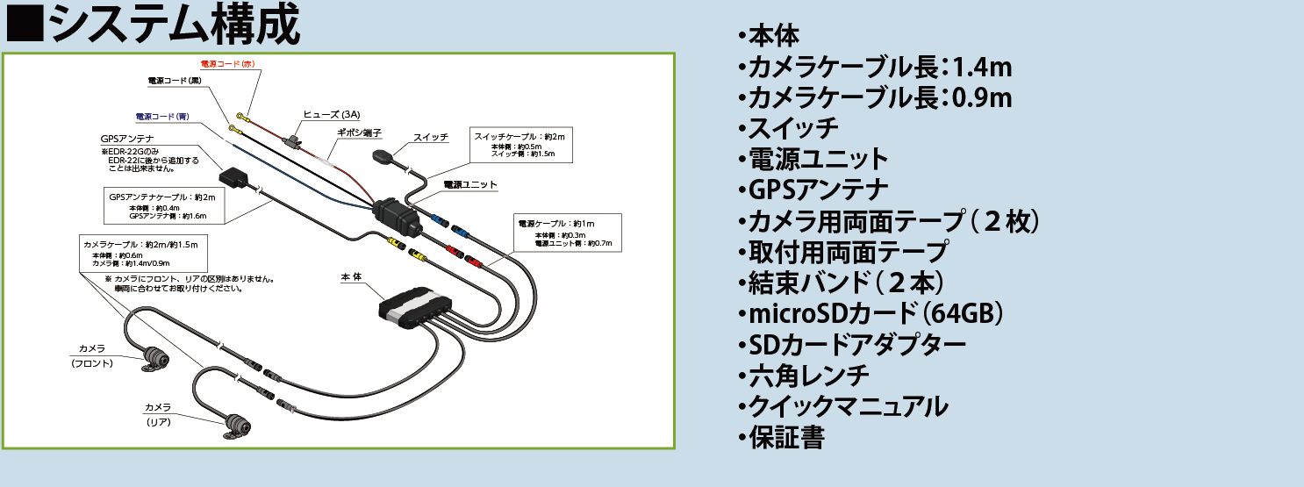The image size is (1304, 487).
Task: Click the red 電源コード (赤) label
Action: pos(227,65)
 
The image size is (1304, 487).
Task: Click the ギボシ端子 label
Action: pos(359,132)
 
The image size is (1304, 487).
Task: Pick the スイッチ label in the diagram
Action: pos(431,137)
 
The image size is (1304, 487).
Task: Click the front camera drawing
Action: pos(158,357)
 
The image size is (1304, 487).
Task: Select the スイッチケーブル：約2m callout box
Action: pos(521,145)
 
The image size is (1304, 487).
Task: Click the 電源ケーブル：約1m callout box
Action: pos(566,233)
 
